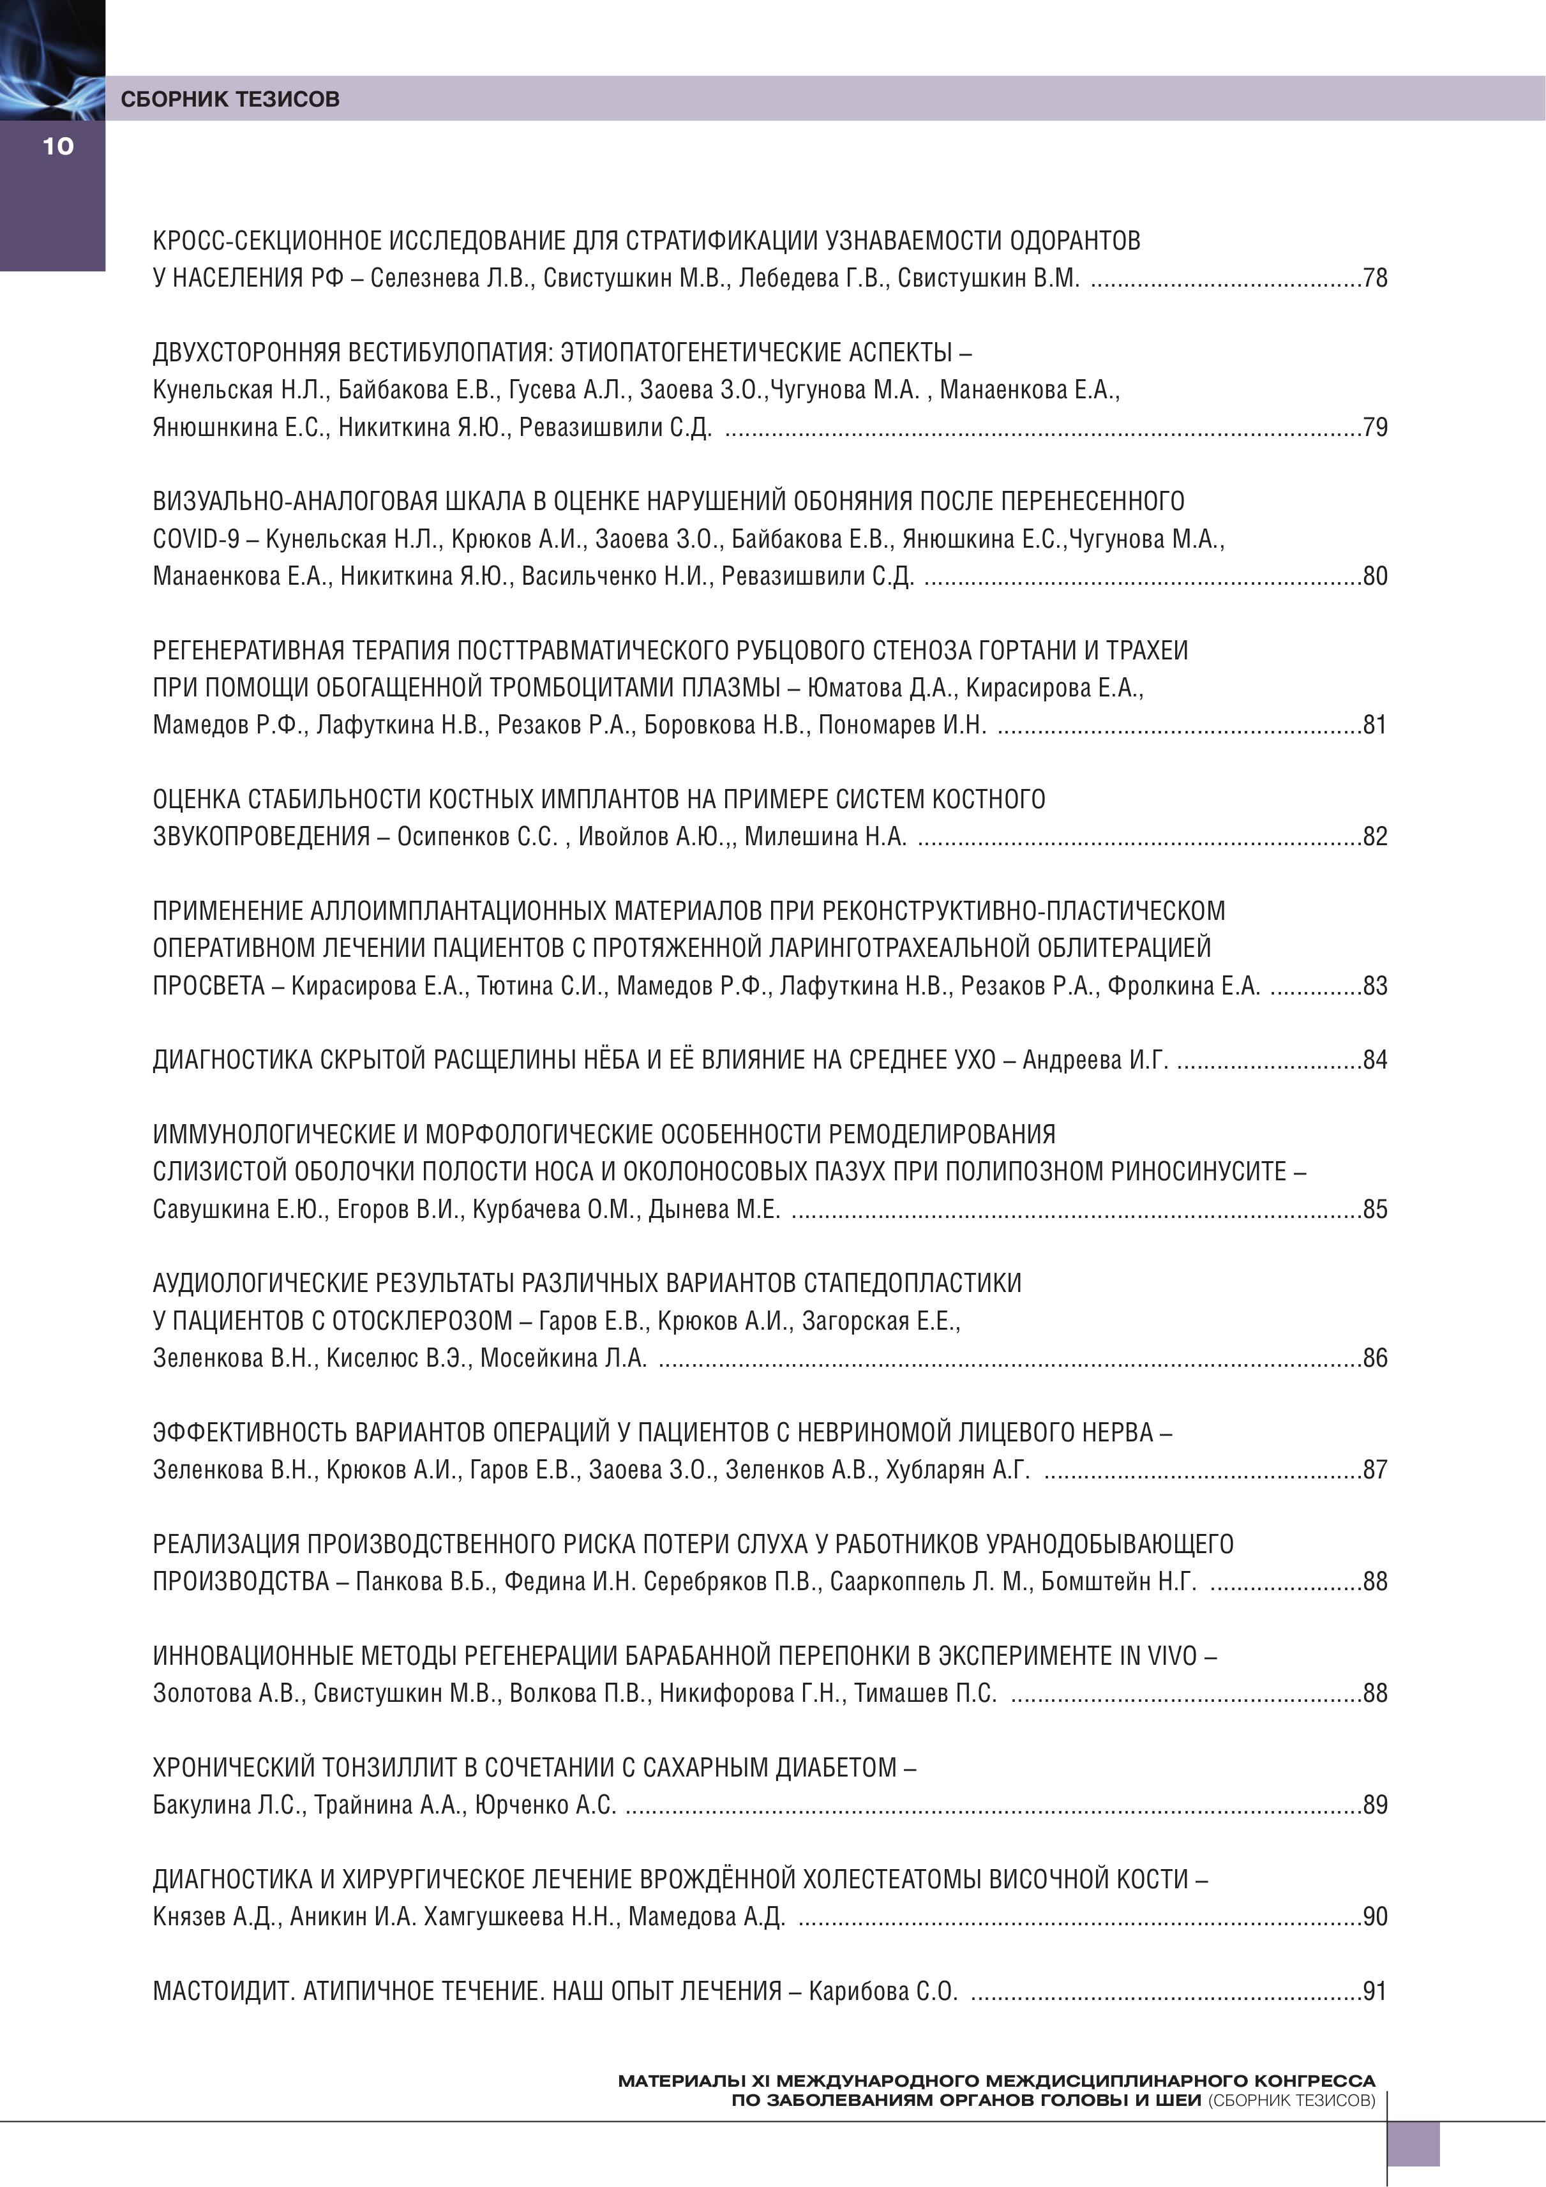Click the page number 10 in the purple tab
[x=57, y=146]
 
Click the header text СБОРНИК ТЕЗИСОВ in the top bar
[x=230, y=99]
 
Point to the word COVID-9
[x=196, y=539]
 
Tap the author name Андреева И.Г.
[x=1095, y=1060]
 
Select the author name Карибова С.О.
[x=882, y=1992]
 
